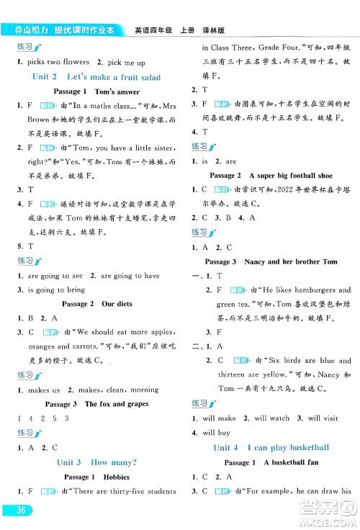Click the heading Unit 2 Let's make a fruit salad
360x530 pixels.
click(96, 77)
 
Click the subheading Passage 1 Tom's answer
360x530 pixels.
click(96, 91)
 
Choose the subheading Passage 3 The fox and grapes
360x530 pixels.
click(96, 404)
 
